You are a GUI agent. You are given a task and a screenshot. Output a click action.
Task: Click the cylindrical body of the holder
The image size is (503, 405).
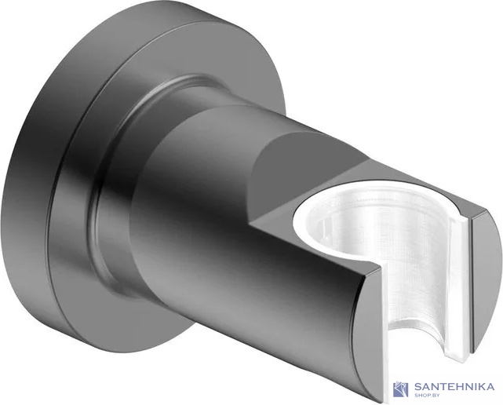(235, 212)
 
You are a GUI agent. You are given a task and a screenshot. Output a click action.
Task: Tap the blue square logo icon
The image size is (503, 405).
(401, 388)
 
